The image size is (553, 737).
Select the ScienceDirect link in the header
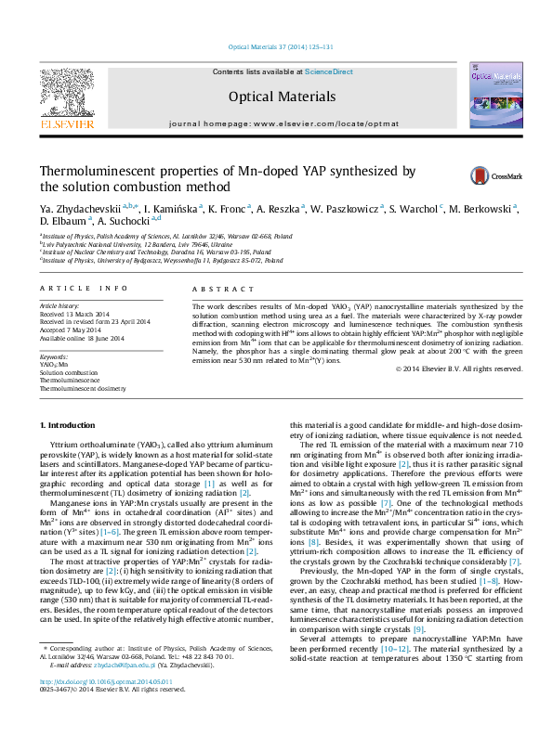328,71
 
